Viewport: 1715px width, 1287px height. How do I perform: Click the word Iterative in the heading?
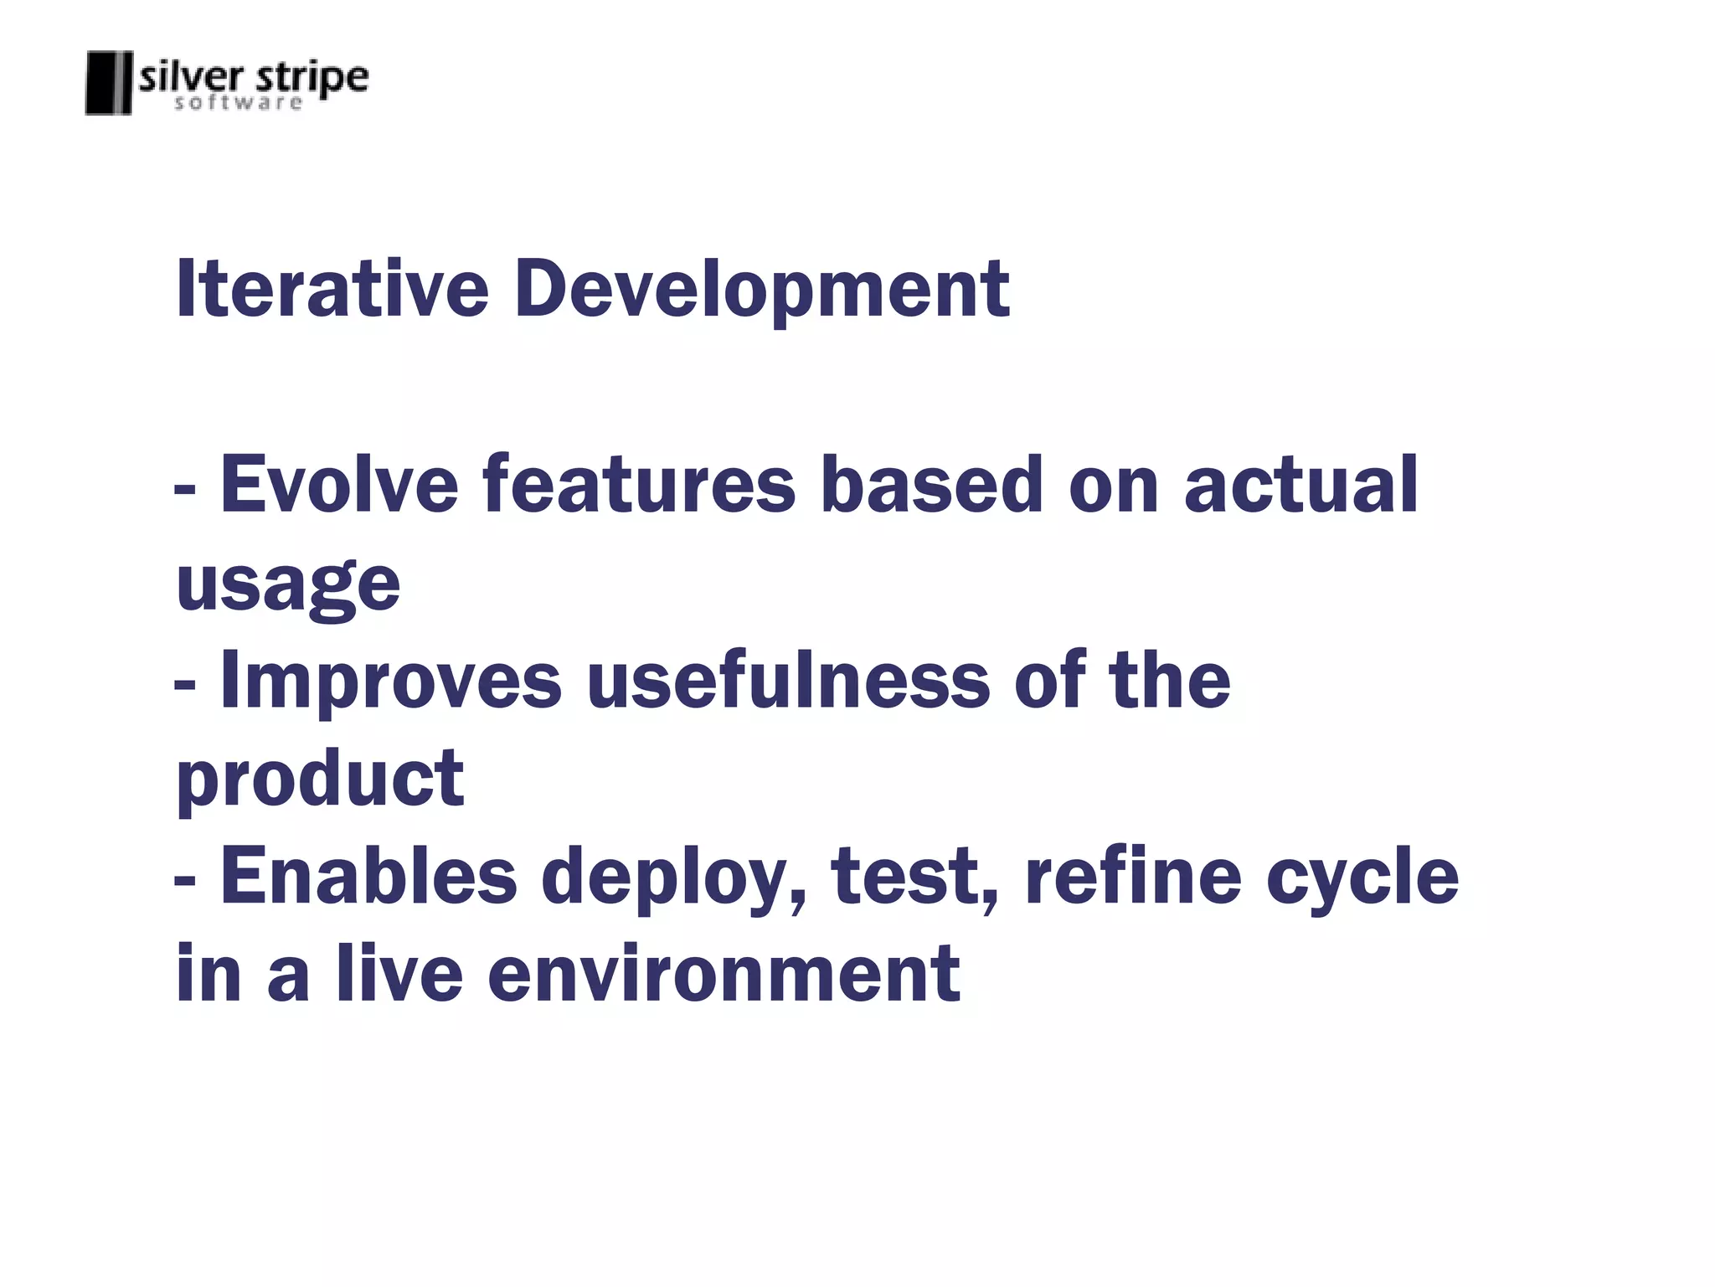[332, 289]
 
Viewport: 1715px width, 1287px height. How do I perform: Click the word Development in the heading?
[761, 289]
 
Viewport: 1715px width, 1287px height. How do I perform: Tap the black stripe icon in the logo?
[109, 83]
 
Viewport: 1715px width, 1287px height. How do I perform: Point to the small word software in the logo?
[239, 103]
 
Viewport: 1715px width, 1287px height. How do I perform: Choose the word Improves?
[390, 680]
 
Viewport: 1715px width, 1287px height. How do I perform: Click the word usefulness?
[788, 680]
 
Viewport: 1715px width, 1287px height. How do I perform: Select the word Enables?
[368, 876]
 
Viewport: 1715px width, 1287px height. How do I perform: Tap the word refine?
[1133, 876]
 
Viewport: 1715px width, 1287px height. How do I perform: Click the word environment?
[724, 973]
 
